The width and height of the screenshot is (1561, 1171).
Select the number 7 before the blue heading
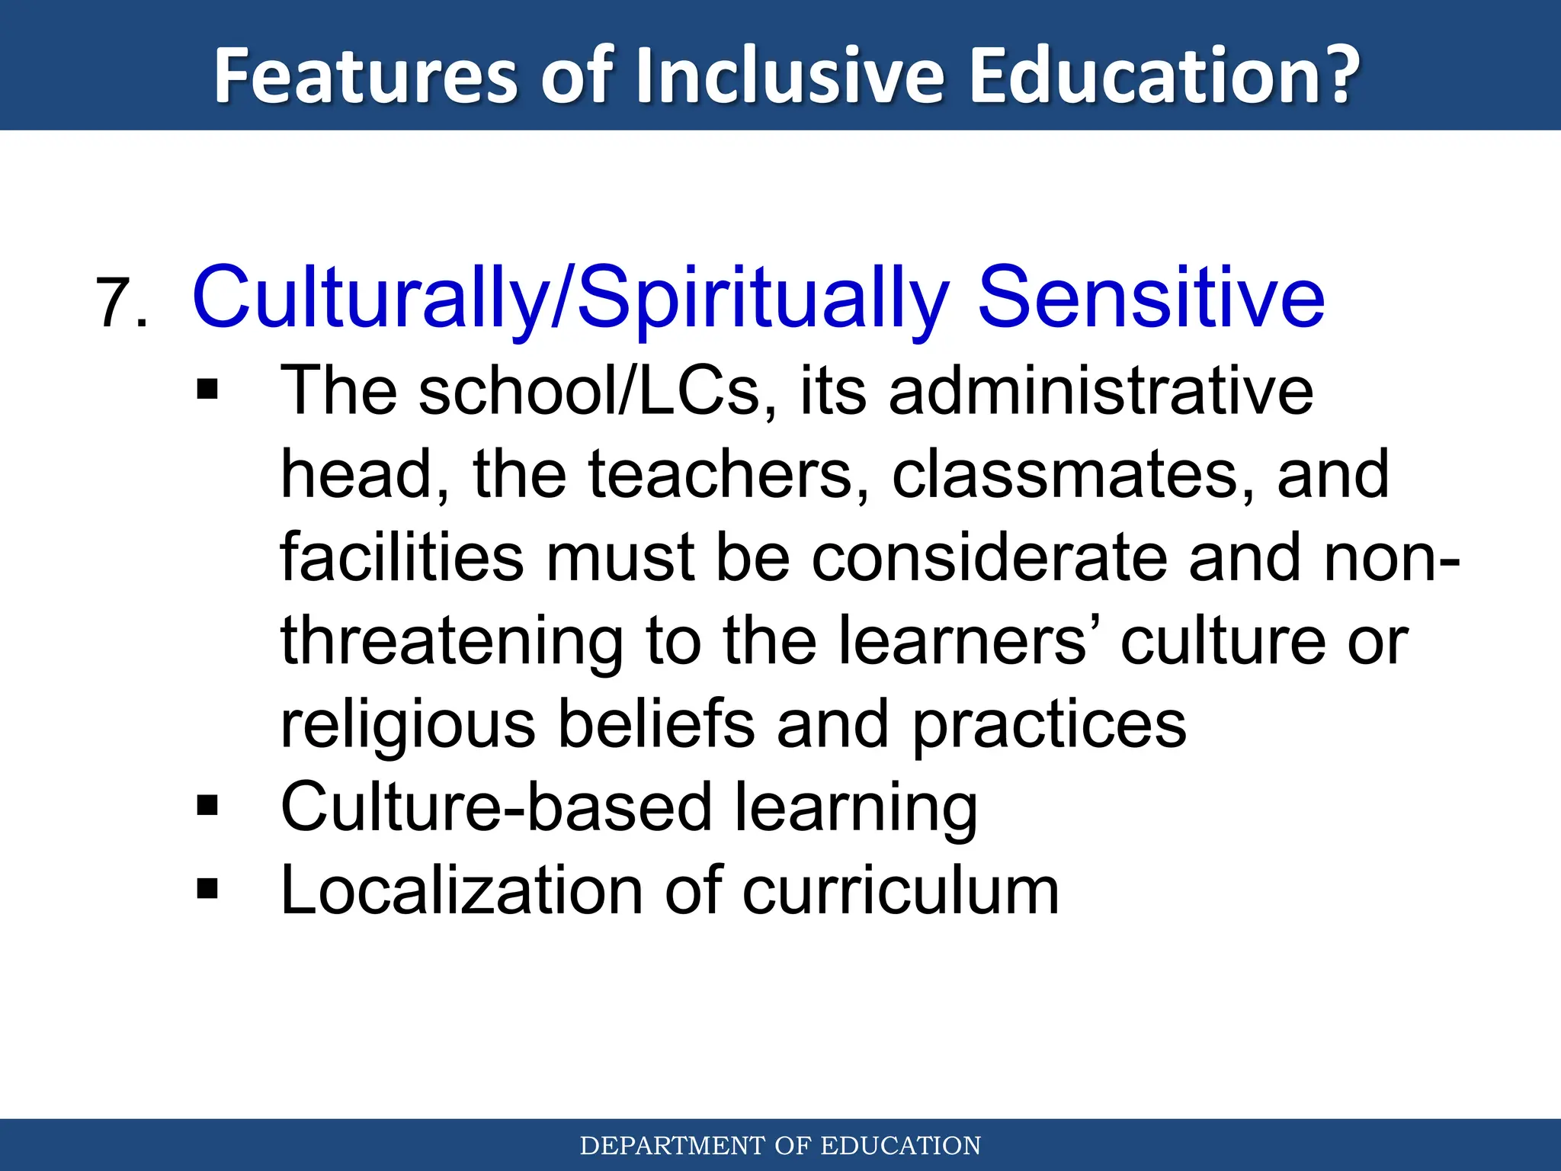pyautogui.click(x=114, y=303)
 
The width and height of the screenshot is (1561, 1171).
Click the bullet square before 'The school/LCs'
pyautogui.click(x=207, y=390)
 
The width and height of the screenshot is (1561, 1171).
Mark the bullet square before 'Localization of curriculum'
pyautogui.click(x=207, y=889)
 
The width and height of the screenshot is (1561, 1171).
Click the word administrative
pyautogui.click(x=1101, y=390)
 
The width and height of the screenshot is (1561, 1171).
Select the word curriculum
pyautogui.click(x=901, y=890)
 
